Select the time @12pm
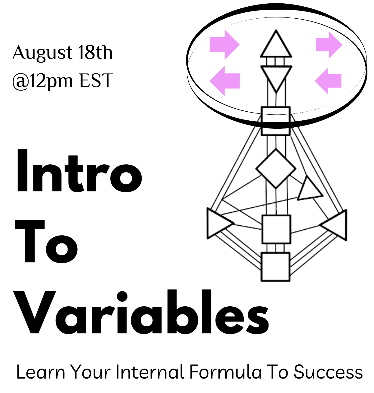click(42, 81)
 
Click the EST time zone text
click(96, 80)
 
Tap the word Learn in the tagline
click(41, 372)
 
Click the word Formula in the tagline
click(225, 372)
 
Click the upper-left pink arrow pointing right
click(224, 45)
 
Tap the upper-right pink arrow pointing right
click(329, 45)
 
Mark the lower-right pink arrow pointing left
click(328, 81)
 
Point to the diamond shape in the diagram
click(276, 169)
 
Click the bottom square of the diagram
click(275, 267)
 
